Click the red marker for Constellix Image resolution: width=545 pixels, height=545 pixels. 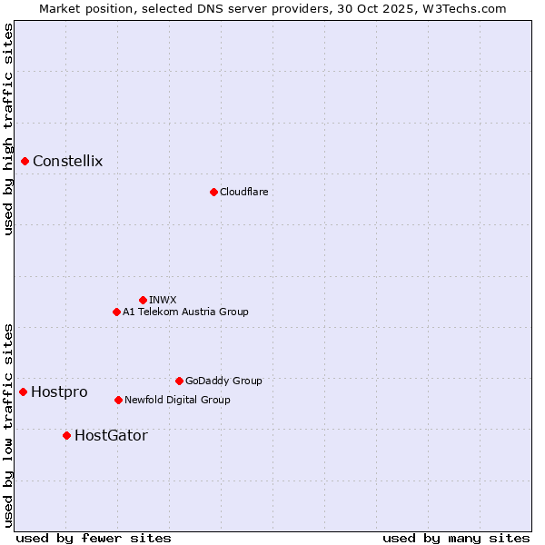click(25, 162)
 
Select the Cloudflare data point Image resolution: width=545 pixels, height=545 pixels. click(213, 192)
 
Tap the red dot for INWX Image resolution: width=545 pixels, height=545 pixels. click(143, 300)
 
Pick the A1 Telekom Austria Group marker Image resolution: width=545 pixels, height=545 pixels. click(116, 312)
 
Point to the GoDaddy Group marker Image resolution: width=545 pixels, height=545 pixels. click(179, 381)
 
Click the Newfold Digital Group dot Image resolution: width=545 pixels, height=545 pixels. click(118, 400)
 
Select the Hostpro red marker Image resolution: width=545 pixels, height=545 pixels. click(24, 391)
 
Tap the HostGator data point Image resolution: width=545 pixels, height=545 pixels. click(66, 435)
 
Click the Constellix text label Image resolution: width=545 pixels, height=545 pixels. click(68, 162)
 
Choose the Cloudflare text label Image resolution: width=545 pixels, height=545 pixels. click(244, 192)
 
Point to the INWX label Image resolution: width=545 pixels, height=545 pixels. click(163, 300)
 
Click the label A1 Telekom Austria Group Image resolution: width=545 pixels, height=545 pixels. click(185, 312)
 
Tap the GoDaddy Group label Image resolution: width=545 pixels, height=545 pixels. click(223, 381)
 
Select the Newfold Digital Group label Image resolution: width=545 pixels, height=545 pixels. click(177, 400)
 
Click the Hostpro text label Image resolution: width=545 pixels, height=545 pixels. click(59, 391)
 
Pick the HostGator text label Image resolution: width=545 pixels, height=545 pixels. click(111, 435)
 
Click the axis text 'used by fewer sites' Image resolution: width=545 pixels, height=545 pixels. click(94, 538)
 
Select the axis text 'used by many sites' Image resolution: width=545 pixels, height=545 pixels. click(456, 538)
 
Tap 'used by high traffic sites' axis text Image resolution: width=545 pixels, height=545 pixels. click(8, 129)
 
